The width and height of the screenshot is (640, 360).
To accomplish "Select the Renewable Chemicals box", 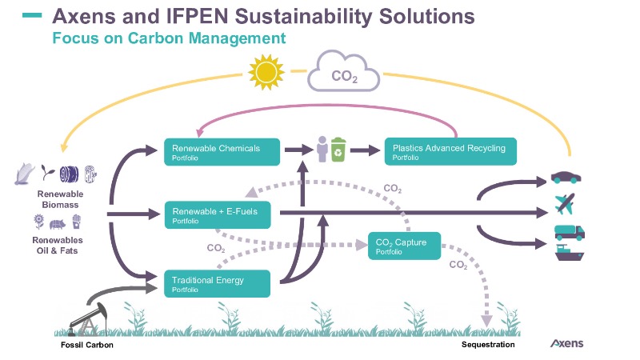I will click(x=222, y=150).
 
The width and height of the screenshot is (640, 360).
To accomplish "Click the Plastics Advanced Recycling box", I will click(x=450, y=150).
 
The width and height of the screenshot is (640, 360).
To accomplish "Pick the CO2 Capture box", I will click(x=403, y=246).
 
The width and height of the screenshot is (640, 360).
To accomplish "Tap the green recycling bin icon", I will click(x=339, y=150).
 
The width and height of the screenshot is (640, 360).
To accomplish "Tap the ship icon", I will click(x=569, y=257).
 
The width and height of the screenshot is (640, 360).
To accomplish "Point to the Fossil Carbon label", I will click(x=87, y=345).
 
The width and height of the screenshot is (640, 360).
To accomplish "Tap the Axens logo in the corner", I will click(x=567, y=344).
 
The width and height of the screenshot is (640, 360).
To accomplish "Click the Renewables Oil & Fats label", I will click(x=58, y=243).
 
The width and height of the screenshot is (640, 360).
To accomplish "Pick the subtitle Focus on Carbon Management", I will click(x=169, y=38).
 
